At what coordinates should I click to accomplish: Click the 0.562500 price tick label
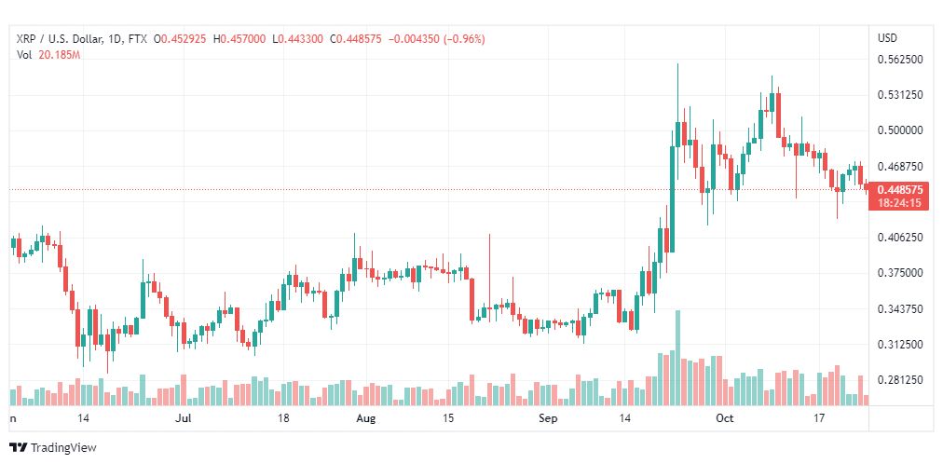(x=901, y=60)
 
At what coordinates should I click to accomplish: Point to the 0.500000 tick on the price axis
(x=901, y=130)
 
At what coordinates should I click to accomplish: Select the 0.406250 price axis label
(x=901, y=238)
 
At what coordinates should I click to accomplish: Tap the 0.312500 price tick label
(x=901, y=345)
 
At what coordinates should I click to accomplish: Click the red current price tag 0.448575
(x=901, y=190)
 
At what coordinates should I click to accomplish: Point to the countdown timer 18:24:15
(x=899, y=203)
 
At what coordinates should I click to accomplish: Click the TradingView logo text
(x=63, y=448)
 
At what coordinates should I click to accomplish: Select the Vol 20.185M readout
(x=48, y=55)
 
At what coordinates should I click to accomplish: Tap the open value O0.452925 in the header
(x=180, y=39)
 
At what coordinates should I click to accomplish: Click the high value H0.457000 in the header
(x=240, y=39)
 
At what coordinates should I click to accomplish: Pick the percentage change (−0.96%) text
(x=464, y=39)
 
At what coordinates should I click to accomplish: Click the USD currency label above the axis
(x=888, y=38)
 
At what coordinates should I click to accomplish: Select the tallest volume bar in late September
(x=677, y=358)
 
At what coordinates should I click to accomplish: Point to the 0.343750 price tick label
(x=901, y=309)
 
